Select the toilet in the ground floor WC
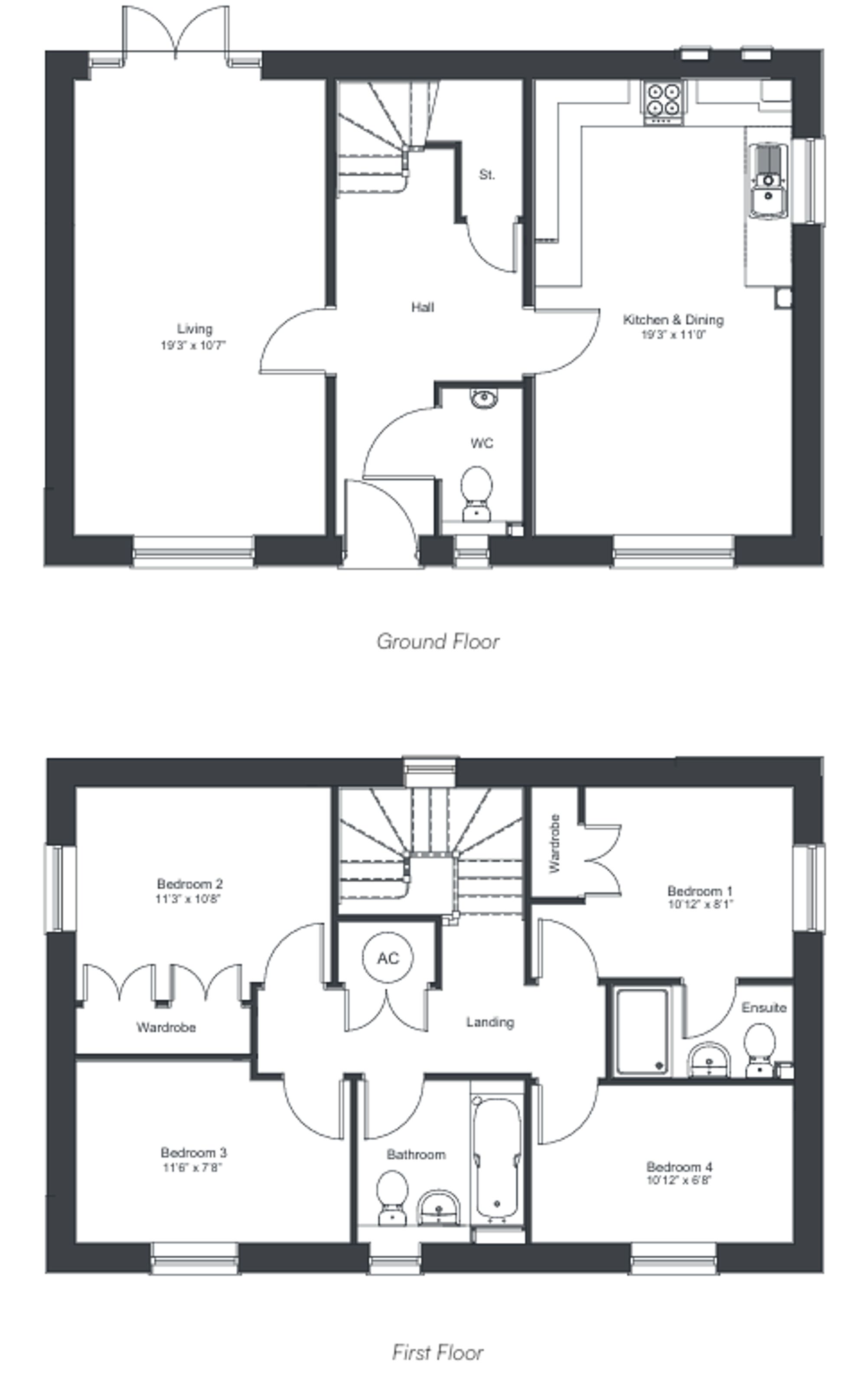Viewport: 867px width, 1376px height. (x=476, y=492)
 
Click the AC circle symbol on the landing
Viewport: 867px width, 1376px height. (x=388, y=958)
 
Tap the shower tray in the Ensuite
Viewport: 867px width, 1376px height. (x=641, y=1031)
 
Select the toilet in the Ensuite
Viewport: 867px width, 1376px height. (x=759, y=1049)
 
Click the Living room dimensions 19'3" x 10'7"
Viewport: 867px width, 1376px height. (x=194, y=345)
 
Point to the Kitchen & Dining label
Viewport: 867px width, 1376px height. (x=673, y=320)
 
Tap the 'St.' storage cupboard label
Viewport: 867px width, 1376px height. (x=487, y=175)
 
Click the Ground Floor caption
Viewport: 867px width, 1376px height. (x=438, y=641)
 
